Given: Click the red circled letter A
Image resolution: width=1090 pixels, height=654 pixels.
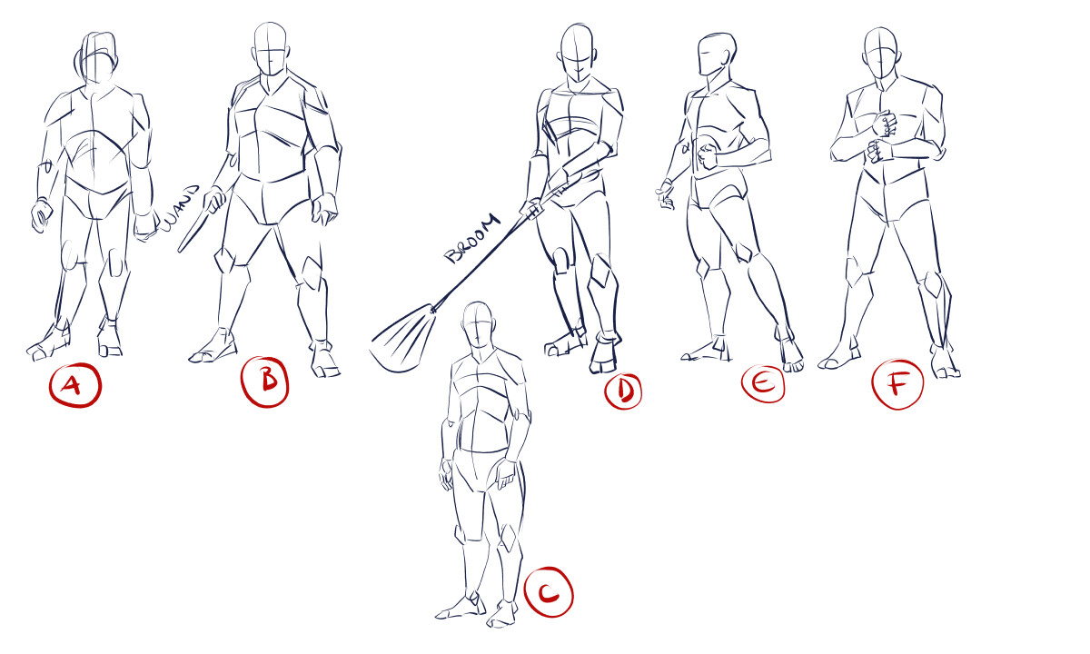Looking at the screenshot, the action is tap(74, 385).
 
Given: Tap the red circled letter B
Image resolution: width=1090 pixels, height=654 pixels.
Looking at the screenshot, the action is tap(265, 381).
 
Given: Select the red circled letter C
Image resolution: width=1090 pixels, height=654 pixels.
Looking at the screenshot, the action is tap(549, 591).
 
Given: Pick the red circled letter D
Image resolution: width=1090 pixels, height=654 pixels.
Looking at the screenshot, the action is tap(623, 391).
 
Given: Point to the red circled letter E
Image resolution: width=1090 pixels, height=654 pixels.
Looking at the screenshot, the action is tap(763, 383).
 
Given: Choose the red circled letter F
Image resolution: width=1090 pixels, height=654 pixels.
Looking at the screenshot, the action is tap(897, 384).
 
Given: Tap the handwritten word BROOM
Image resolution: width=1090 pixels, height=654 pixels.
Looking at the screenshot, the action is tap(473, 238).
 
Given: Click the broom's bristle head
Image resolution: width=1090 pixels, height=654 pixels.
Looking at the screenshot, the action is tap(403, 338).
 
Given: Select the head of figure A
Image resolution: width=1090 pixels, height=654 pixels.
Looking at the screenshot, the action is tap(96, 57).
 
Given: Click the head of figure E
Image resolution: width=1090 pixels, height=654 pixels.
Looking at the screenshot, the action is tap(716, 54).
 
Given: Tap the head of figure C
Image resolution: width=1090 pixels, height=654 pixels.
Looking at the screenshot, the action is tap(480, 325).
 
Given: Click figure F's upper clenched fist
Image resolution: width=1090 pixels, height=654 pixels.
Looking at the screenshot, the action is tap(885, 124).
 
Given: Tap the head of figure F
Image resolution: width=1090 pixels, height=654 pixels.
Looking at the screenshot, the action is tap(880, 53).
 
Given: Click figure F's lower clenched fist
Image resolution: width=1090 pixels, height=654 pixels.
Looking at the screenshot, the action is tap(880, 151).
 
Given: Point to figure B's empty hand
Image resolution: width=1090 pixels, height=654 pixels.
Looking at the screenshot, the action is tap(324, 209).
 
